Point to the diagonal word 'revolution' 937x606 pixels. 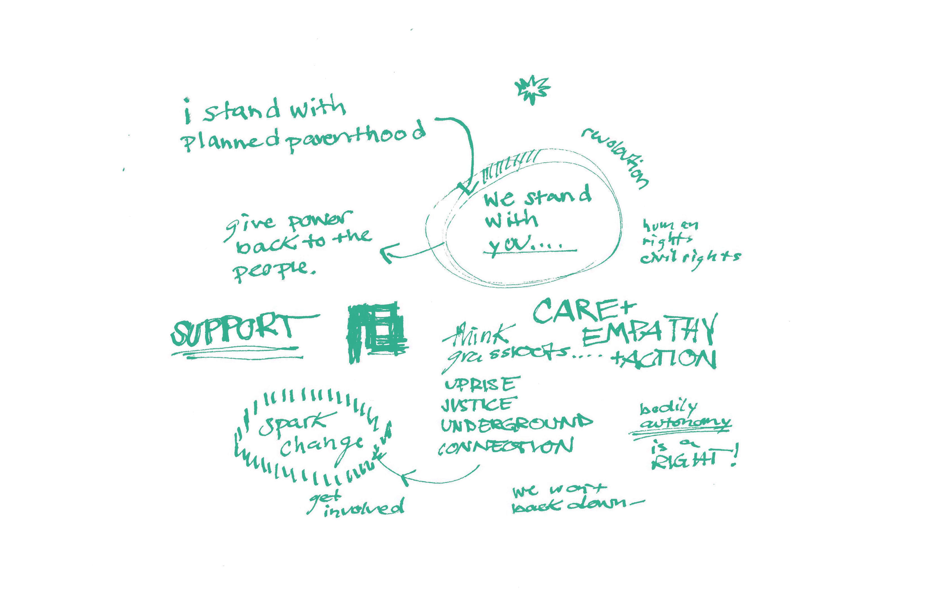[616, 157]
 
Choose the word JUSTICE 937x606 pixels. [476, 405]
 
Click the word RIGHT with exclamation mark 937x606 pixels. [685, 460]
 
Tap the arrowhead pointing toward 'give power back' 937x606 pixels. [388, 254]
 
